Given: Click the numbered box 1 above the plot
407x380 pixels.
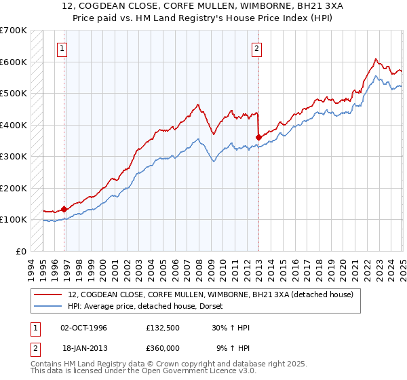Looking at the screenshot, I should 62,48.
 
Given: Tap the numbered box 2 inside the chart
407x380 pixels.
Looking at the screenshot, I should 257,48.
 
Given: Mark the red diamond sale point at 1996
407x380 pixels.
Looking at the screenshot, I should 64,210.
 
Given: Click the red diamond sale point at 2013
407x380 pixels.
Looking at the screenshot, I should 258,138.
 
